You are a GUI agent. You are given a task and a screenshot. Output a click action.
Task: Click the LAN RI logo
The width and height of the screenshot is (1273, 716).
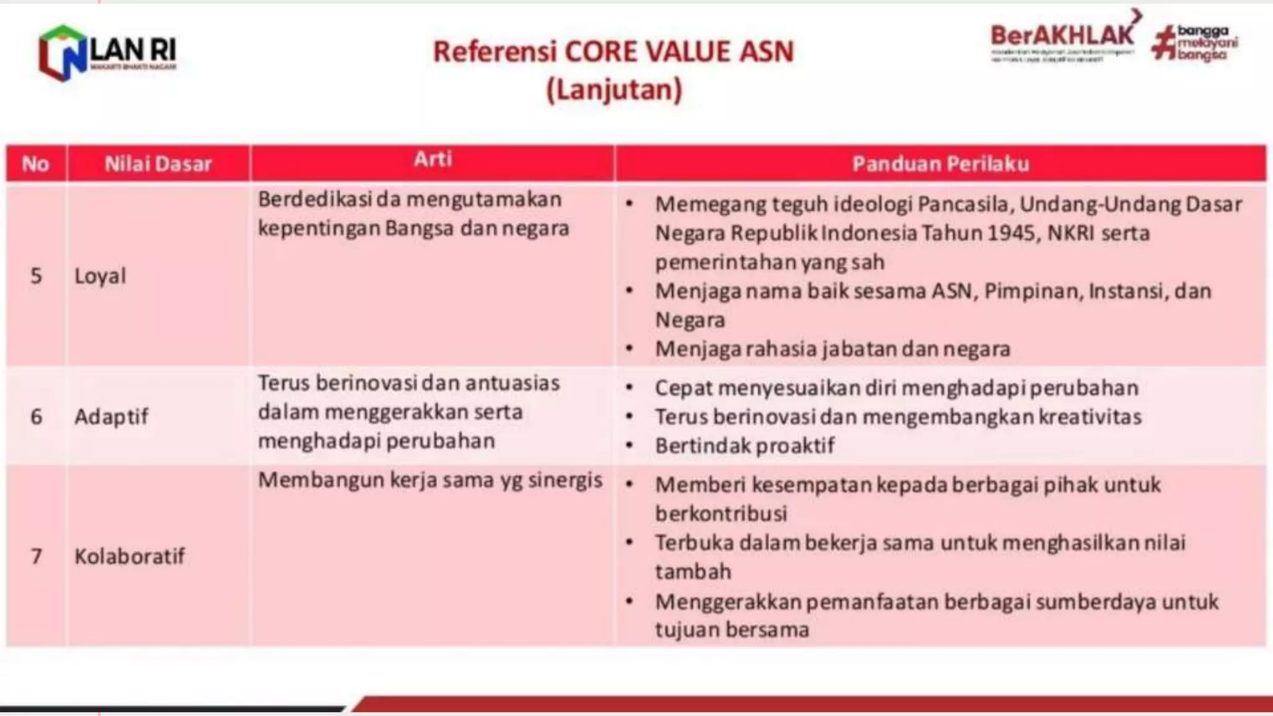(107, 53)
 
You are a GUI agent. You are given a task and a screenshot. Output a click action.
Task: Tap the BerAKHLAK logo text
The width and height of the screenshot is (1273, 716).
(1062, 36)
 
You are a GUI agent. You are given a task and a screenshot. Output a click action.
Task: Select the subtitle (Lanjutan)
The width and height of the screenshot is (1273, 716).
(614, 89)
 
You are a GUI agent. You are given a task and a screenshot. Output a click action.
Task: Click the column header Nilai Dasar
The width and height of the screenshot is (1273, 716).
(158, 164)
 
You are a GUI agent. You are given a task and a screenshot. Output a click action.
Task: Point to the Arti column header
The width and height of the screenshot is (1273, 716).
(433, 159)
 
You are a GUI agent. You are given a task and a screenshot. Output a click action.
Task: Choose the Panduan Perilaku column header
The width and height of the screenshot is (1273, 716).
(940, 164)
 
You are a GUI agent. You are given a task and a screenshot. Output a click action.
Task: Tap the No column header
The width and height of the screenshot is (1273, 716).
(35, 164)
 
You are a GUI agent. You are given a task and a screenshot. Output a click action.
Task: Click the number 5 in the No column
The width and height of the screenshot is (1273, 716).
(36, 276)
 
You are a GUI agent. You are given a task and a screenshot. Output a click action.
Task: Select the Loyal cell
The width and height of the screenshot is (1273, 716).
(100, 276)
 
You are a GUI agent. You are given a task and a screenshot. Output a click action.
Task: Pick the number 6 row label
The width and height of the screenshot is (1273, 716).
(36, 416)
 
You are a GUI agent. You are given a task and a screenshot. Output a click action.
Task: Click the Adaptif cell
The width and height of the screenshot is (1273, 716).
(111, 416)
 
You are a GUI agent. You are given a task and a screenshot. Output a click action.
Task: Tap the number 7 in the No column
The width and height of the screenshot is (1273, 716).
(36, 556)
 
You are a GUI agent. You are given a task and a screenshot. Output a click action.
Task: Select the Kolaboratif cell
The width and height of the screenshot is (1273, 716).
(129, 556)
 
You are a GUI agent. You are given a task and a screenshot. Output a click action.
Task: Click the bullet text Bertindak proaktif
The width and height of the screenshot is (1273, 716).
(745, 446)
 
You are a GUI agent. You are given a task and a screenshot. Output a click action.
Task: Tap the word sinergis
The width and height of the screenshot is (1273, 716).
(565, 480)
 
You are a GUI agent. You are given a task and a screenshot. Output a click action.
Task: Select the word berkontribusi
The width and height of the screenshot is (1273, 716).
(721, 513)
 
